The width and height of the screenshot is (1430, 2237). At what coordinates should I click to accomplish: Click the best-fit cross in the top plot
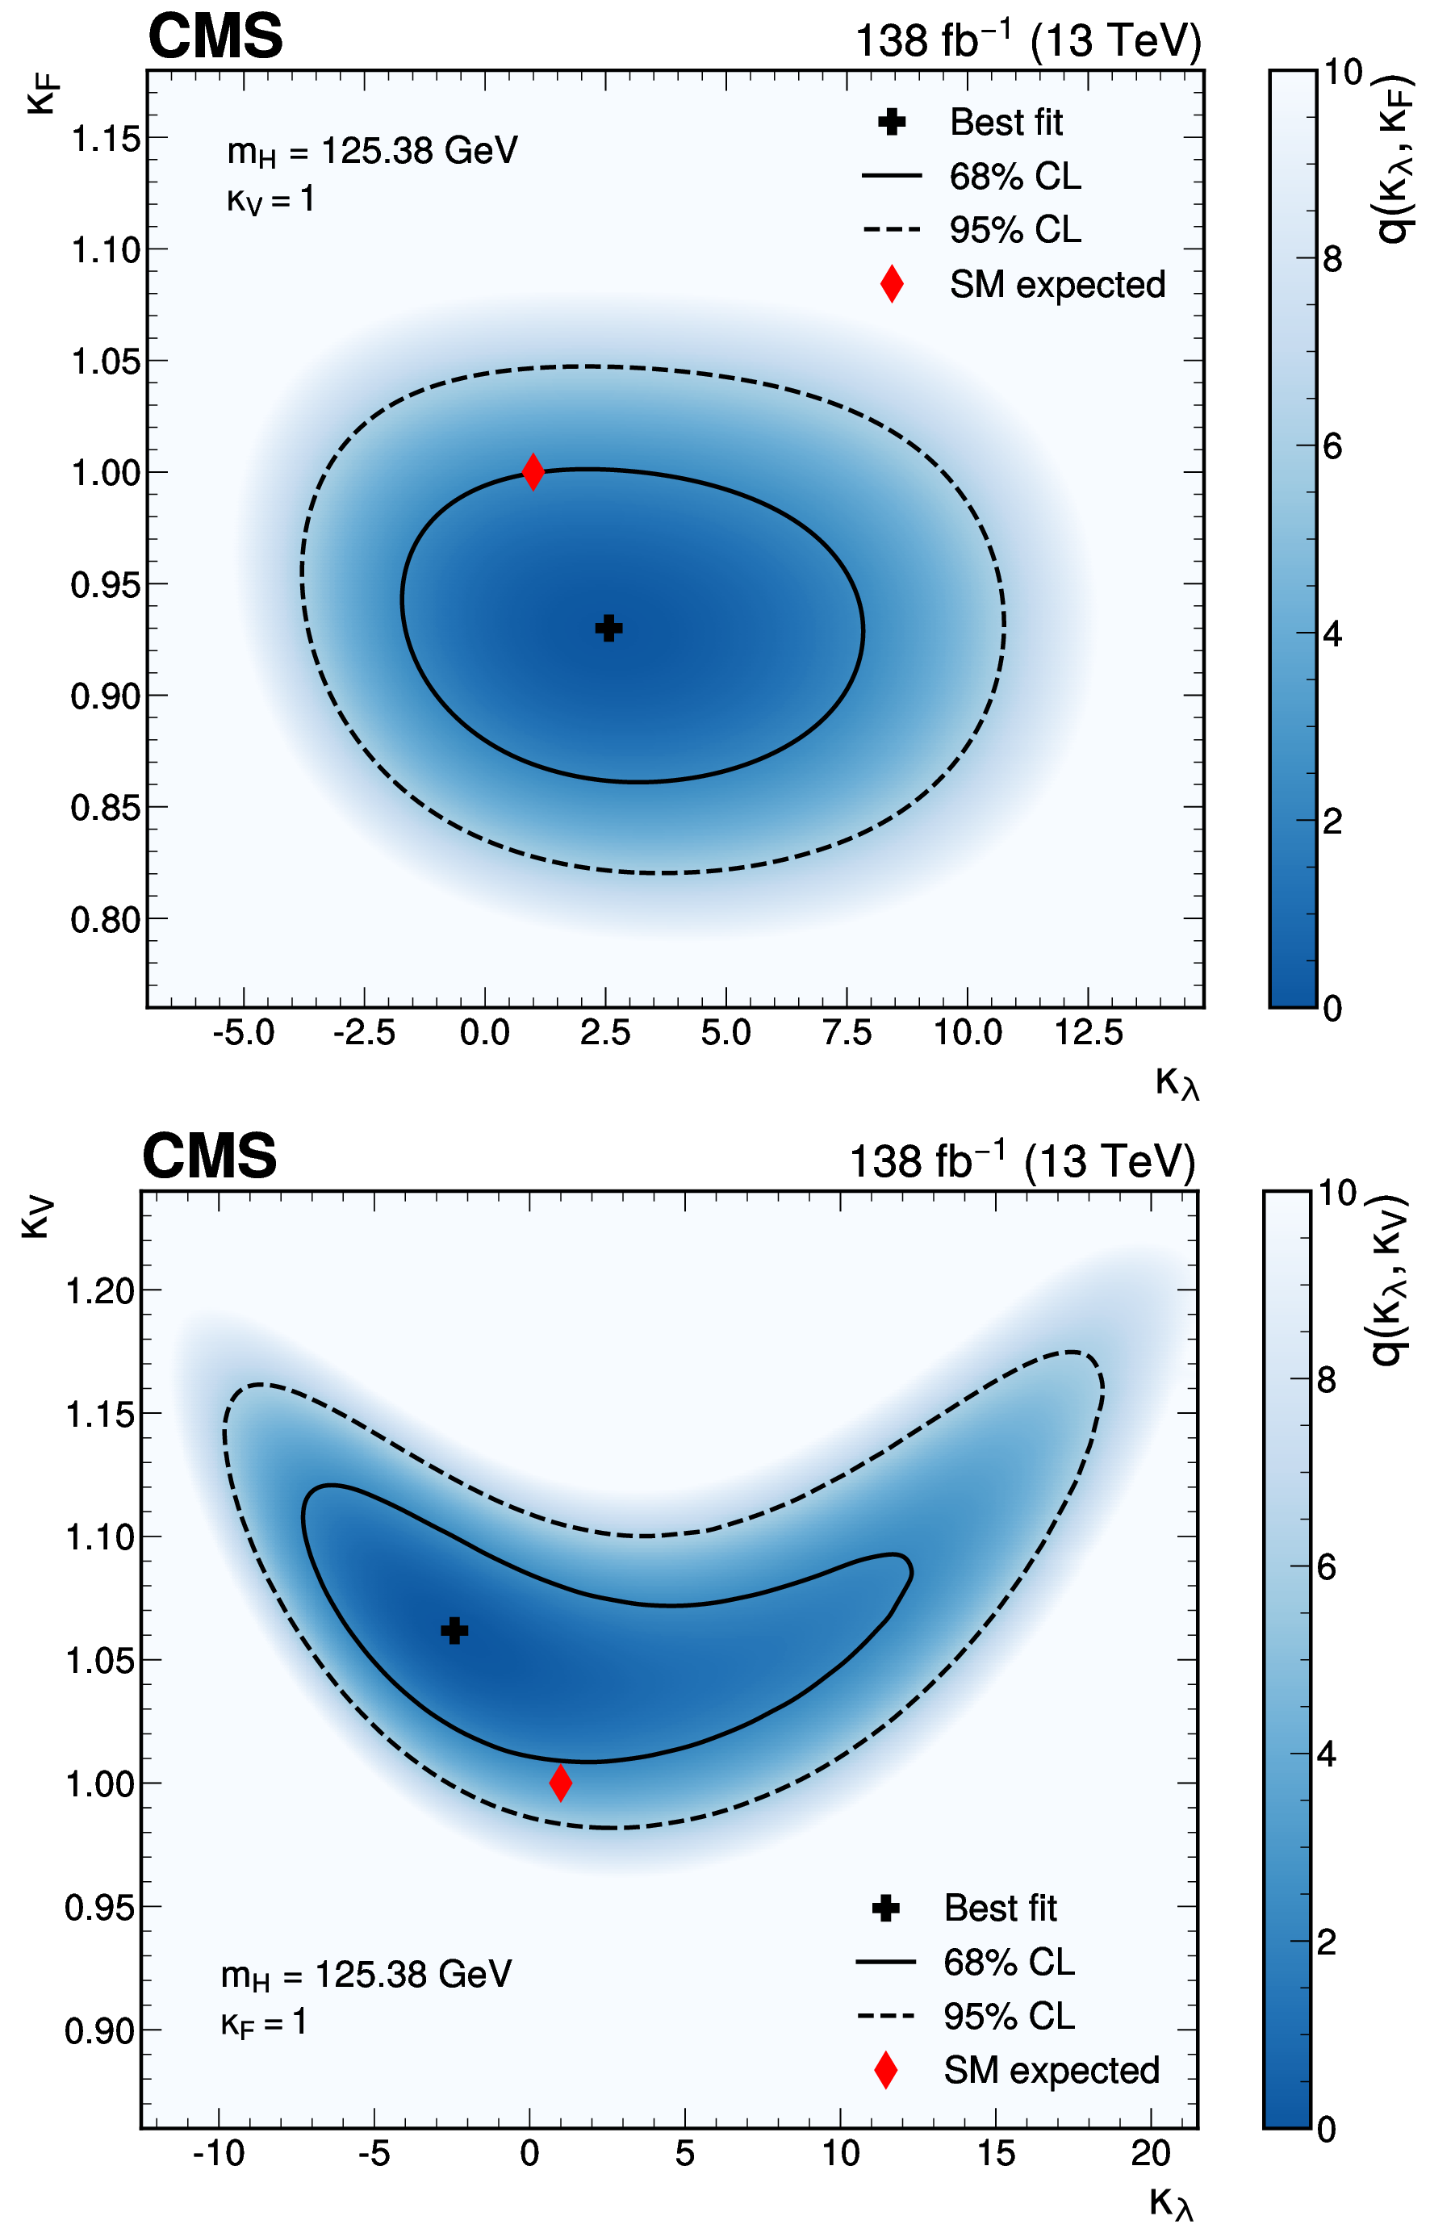pos(608,628)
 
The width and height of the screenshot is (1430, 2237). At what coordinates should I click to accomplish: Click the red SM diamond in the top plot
pos(533,471)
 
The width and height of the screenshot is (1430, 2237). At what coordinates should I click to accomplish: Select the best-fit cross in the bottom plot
pos(454,1629)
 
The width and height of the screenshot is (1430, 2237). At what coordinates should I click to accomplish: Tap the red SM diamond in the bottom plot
pos(560,1783)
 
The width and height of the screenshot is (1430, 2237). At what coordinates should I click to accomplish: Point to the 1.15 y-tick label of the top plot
pos(106,140)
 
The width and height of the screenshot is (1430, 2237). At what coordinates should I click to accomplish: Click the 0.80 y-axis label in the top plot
pos(106,920)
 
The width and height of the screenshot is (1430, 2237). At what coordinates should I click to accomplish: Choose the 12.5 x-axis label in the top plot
pos(1088,1032)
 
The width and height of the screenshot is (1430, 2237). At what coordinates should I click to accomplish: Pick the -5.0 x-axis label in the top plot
pos(244,1032)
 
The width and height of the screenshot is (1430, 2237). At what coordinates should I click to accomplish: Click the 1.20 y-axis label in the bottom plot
pos(100,1290)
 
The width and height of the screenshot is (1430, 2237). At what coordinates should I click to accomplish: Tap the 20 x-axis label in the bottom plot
pos(1150,2152)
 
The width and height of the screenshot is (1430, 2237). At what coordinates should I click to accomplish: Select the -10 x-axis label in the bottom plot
pos(219,2152)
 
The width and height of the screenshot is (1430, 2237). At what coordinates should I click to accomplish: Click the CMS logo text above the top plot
pos(215,36)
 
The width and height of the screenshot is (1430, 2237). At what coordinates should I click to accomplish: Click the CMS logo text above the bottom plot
pos(209,1156)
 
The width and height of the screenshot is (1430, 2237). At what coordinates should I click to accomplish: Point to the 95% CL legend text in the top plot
pos(1014,229)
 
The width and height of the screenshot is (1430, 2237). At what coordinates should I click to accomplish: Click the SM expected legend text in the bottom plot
pos(1051,2070)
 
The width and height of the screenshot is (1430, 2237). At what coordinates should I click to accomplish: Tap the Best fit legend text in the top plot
pos(1006,122)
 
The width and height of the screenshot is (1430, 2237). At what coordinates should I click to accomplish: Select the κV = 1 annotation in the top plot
pos(270,200)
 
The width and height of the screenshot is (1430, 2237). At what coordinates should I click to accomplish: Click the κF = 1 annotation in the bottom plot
pos(264,2022)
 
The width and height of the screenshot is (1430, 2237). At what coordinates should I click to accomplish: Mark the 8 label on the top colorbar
pos(1332,259)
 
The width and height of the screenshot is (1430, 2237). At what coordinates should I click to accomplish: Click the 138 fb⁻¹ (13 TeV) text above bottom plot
pos(1022,1161)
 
